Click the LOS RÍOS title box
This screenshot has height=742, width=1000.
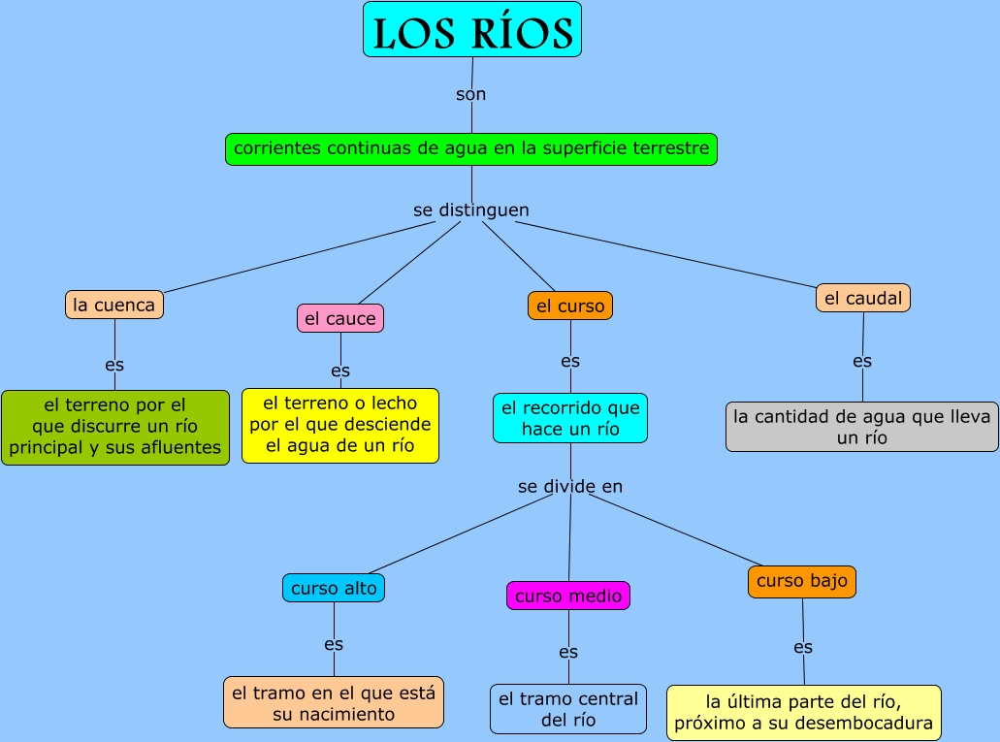point(472,30)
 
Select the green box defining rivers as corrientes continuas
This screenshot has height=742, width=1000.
point(471,149)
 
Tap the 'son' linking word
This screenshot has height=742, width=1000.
point(471,94)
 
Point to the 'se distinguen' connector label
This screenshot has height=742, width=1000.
point(471,210)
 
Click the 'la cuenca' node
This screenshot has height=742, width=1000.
point(114,305)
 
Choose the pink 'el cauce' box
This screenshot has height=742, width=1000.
point(339,318)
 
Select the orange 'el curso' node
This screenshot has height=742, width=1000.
point(570,306)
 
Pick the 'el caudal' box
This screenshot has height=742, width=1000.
point(862,299)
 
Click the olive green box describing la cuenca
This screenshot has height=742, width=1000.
point(115,427)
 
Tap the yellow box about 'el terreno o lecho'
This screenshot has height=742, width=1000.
point(339,425)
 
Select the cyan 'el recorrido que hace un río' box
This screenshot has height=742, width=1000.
point(570,418)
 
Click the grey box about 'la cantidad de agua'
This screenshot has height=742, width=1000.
point(861,427)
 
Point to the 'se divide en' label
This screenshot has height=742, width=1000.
point(570,486)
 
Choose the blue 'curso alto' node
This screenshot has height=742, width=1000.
point(334,588)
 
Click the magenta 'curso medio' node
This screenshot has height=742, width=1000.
point(568,596)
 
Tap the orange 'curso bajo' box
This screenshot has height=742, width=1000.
point(802,581)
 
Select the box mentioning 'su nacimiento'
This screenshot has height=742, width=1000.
point(334,702)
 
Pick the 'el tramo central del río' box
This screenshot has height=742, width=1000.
point(568,709)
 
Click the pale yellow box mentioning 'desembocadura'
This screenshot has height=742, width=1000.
point(803,712)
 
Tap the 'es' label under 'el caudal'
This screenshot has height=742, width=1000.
point(862,361)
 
